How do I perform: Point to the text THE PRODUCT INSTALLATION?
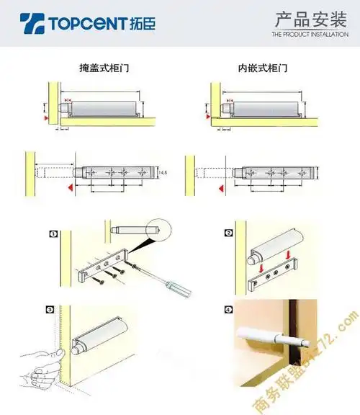click(x=310, y=34)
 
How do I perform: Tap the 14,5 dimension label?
click(x=163, y=173)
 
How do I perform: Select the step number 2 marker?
click(x=229, y=233)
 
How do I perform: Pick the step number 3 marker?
click(x=50, y=310)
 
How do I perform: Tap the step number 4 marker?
click(x=230, y=311)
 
